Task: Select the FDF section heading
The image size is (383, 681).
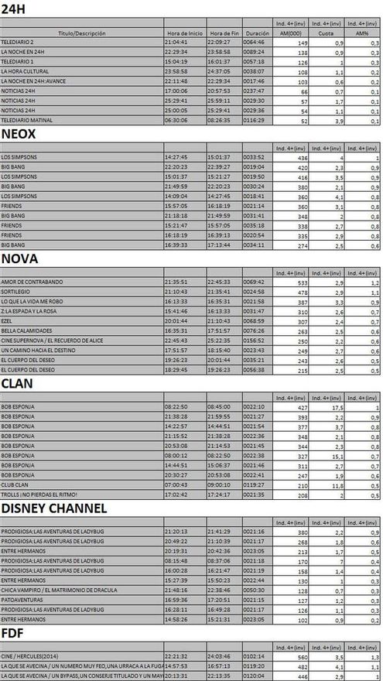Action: click(14, 633)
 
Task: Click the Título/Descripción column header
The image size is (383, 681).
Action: click(81, 34)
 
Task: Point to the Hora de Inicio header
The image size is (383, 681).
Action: click(184, 34)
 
